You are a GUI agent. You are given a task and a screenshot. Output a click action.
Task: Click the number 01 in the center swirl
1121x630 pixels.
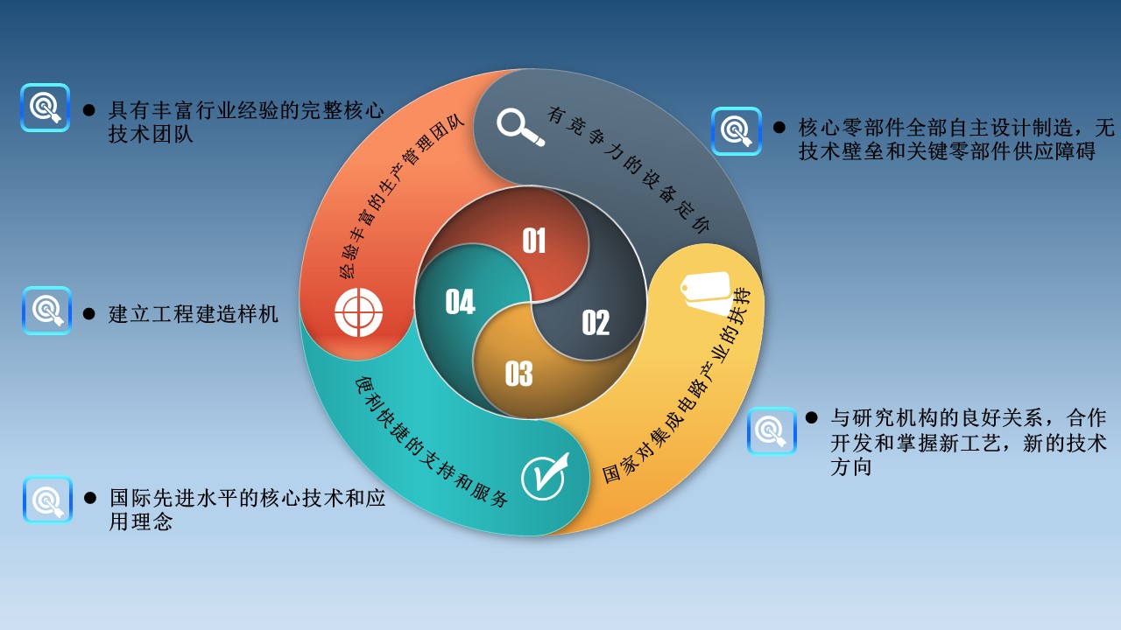[534, 241]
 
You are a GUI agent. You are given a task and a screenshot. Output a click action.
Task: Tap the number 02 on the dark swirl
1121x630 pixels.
[596, 323]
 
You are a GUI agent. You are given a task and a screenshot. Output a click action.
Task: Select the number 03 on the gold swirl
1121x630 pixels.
[518, 374]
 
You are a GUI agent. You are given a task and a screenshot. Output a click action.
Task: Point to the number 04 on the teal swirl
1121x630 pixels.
[460, 302]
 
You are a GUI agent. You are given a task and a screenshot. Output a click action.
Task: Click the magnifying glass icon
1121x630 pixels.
[519, 127]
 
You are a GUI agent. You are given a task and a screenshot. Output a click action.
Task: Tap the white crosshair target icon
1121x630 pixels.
[358, 312]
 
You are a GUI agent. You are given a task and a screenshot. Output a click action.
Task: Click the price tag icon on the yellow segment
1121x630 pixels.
[707, 293]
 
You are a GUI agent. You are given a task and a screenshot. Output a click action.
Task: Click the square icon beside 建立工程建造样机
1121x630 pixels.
[46, 311]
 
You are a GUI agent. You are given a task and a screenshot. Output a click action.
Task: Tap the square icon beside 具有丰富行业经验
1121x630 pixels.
[45, 108]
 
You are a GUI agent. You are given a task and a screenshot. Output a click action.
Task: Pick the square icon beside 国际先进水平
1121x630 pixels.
[47, 500]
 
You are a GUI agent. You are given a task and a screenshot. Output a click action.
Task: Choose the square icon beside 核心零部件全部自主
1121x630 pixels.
[737, 131]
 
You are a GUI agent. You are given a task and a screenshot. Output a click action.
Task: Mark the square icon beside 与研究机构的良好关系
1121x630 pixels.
[772, 430]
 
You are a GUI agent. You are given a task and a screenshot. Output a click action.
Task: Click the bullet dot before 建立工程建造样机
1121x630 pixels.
[89, 313]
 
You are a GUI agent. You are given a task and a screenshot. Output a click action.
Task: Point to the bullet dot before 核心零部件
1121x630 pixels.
[779, 127]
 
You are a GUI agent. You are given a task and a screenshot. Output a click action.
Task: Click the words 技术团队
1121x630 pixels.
[150, 134]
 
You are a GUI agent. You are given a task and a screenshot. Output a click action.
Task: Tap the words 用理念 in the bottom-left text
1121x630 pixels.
[141, 521]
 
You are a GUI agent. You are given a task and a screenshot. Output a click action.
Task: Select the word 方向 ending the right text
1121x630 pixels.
[850, 466]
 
